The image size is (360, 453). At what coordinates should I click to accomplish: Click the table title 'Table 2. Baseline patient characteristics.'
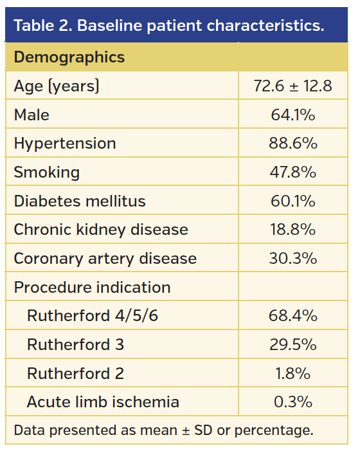pyautogui.click(x=168, y=26)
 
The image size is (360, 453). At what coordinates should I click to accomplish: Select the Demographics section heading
pyautogui.click(x=69, y=57)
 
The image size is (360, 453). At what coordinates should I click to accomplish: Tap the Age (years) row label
pyautogui.click(x=57, y=86)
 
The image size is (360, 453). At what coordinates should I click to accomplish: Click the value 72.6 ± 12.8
pyautogui.click(x=292, y=86)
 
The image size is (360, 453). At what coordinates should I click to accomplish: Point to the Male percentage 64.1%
pyautogui.click(x=292, y=115)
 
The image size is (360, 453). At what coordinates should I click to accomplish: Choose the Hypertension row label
pyautogui.click(x=65, y=143)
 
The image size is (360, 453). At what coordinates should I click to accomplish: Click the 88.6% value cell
pyautogui.click(x=292, y=143)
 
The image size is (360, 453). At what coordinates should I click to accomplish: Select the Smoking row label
pyautogui.click(x=47, y=172)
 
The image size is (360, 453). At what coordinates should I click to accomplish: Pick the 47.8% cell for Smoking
pyautogui.click(x=292, y=172)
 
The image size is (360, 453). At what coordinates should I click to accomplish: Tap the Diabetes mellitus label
pyautogui.click(x=80, y=201)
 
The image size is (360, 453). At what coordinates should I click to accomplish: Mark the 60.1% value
pyautogui.click(x=292, y=201)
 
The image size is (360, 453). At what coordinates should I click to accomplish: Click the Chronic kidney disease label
pyautogui.click(x=101, y=230)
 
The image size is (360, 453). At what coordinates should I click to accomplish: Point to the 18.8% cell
pyautogui.click(x=292, y=230)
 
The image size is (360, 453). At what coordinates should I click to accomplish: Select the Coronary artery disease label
pyautogui.click(x=105, y=259)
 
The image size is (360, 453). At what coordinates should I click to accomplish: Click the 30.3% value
pyautogui.click(x=292, y=259)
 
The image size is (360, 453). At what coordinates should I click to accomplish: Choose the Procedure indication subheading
pyautogui.click(x=93, y=287)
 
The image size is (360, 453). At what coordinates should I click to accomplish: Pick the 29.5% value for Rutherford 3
pyautogui.click(x=292, y=345)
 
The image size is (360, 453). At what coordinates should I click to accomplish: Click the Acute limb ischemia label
pyautogui.click(x=103, y=402)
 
